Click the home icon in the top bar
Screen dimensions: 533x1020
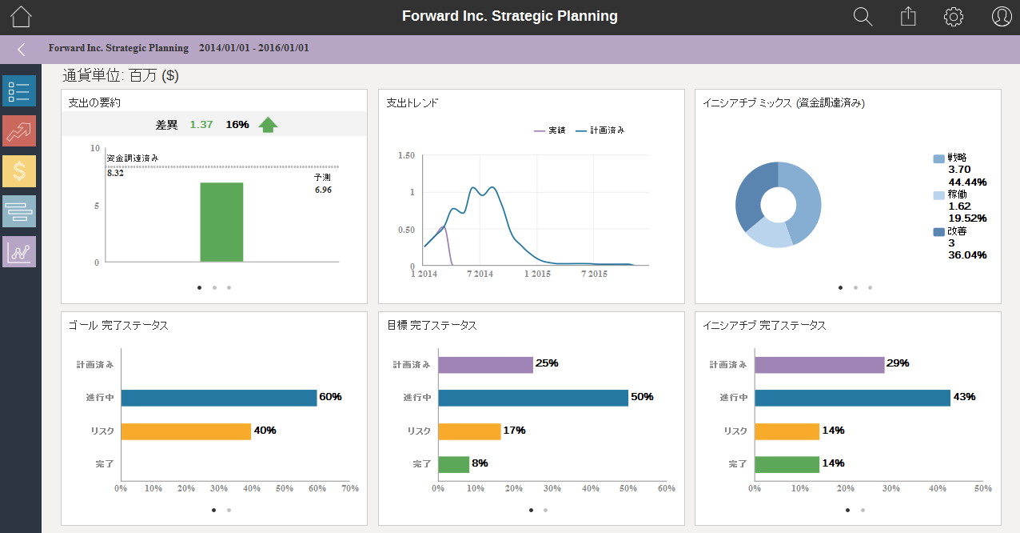coord(21,17)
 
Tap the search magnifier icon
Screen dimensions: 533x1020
coord(863,17)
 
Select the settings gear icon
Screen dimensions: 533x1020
coord(953,17)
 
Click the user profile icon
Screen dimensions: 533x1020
coord(1002,17)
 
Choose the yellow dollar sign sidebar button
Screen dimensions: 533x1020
coord(19,171)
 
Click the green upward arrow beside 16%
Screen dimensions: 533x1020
coord(269,124)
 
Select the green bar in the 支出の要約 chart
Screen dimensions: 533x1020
coord(221,222)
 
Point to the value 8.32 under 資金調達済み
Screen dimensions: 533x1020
coord(115,173)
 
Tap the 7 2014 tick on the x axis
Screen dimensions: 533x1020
coord(480,274)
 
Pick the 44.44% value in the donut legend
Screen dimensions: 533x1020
coord(966,182)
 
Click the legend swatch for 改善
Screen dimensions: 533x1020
coord(938,232)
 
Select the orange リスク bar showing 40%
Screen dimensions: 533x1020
coord(185,431)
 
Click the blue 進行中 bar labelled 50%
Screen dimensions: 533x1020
coord(532,398)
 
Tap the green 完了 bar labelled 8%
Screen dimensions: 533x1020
coord(453,464)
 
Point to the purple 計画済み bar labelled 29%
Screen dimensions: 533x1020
coord(819,365)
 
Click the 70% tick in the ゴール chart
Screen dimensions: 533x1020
coord(349,488)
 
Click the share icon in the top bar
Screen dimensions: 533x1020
coord(907,17)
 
